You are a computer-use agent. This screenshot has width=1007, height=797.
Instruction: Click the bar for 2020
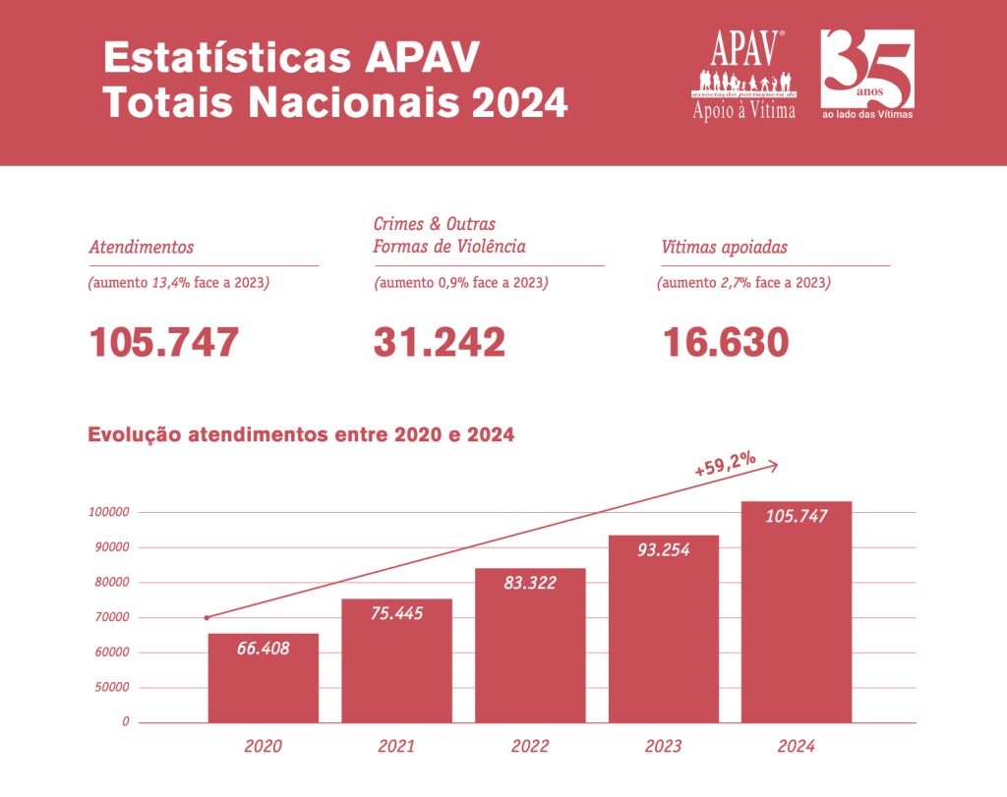(x=263, y=678)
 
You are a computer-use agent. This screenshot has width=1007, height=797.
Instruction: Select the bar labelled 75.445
(x=396, y=660)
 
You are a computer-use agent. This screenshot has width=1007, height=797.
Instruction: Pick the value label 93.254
(x=663, y=550)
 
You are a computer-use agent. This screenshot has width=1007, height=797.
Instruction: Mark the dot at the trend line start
(x=207, y=618)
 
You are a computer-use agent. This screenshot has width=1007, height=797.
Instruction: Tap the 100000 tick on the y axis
(x=108, y=512)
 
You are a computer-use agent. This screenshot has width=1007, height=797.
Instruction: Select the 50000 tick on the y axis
(x=111, y=687)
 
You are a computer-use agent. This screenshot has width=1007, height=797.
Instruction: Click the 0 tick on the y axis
(x=125, y=721)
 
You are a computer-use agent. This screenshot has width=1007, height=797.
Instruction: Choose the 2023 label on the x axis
(x=663, y=747)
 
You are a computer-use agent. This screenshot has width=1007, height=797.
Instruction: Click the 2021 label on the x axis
(x=396, y=747)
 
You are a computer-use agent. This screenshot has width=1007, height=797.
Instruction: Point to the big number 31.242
(x=439, y=342)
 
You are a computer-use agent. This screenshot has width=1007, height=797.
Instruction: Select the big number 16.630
(x=725, y=342)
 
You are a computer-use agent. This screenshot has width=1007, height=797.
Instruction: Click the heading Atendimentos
(x=141, y=248)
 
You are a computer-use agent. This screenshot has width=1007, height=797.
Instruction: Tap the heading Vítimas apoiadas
(x=724, y=248)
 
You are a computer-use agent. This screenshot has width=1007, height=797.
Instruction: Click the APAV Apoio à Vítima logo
(x=743, y=75)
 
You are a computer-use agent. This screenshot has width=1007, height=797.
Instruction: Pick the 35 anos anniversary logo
(x=867, y=75)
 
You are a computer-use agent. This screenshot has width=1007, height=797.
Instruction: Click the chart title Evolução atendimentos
(x=301, y=434)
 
